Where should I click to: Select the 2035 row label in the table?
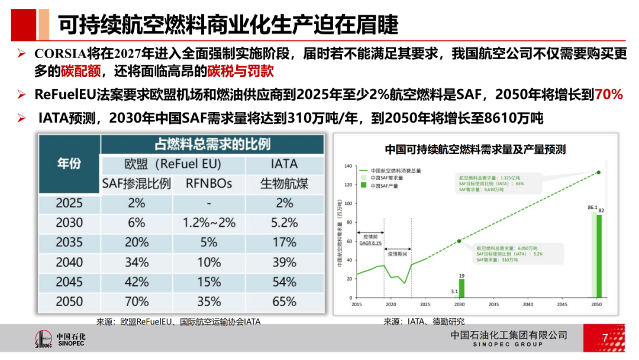[x=69, y=242]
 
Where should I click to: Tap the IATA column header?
[x=285, y=164]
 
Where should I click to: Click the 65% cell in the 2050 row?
[x=285, y=301]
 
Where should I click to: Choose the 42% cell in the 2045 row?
[x=136, y=281]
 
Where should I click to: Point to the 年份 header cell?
[x=69, y=163]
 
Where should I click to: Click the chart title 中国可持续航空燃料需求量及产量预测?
[x=475, y=149]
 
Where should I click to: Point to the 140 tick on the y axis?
[x=348, y=166]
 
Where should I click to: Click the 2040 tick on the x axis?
[x=528, y=304]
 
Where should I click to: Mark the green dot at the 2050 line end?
[x=599, y=172]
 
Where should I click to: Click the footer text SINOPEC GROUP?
[x=509, y=345]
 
